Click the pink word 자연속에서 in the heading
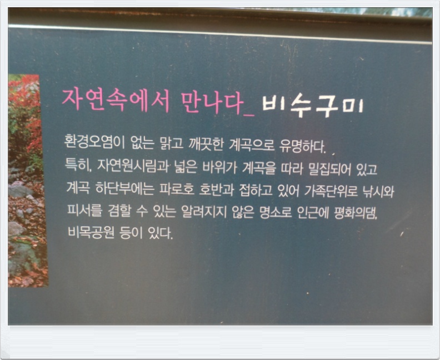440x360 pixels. point(116,101)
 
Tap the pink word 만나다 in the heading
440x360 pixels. point(212,102)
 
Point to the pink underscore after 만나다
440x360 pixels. point(249,114)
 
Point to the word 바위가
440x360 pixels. point(220,167)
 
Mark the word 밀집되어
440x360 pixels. point(329,169)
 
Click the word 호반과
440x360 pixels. point(216,190)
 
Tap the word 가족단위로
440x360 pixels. point(331,191)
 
